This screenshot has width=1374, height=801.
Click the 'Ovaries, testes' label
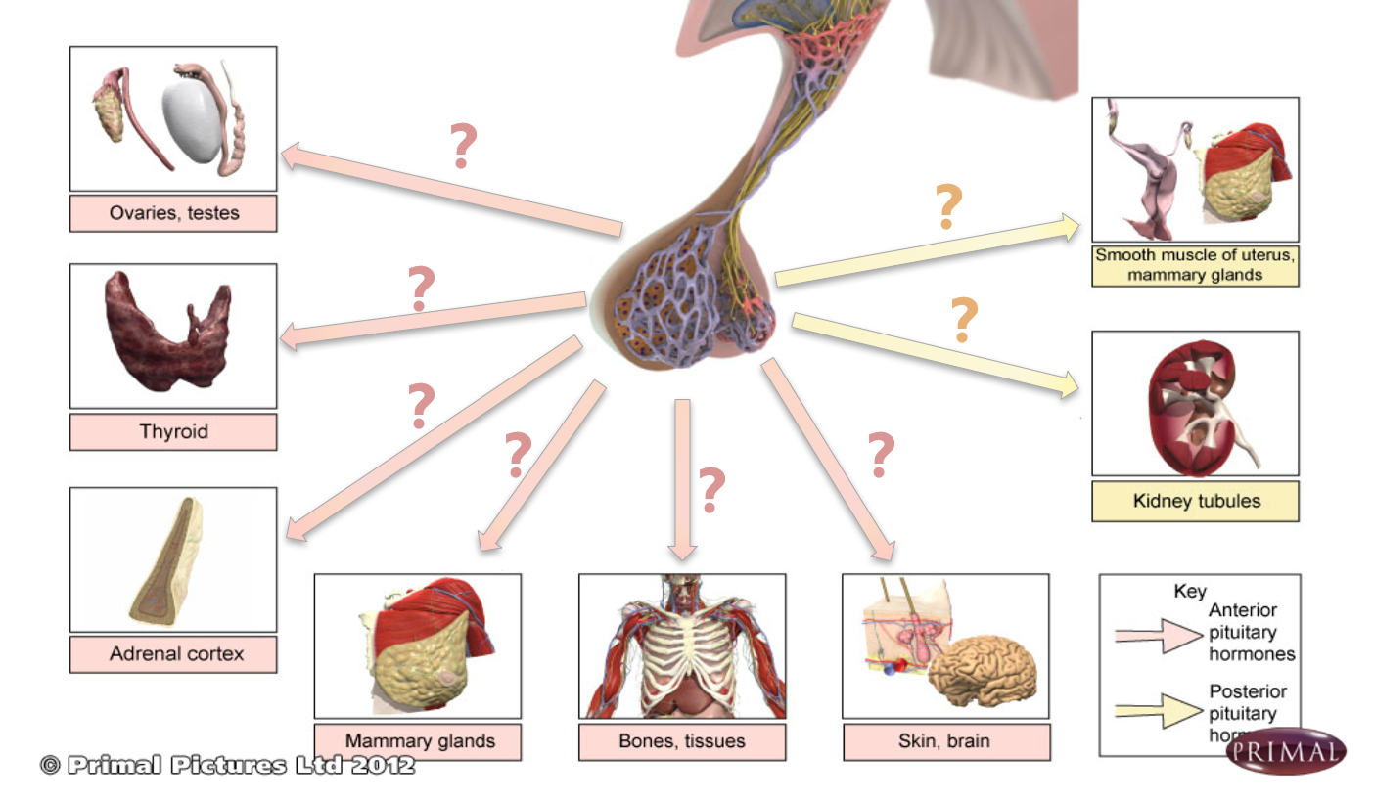pos(173,212)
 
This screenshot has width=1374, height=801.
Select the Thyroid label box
pos(173,431)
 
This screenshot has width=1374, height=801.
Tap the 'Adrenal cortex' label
pos(173,653)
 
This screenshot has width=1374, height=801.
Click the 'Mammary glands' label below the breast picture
pos(418,741)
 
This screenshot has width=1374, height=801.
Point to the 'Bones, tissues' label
pos(682,741)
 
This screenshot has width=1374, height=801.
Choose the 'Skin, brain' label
pos(944,741)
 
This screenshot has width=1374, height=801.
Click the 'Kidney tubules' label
pos(1196,501)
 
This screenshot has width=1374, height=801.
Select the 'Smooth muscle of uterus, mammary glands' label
pos(1195,265)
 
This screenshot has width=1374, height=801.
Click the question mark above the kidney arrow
pos(964,320)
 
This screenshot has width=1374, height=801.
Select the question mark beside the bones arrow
pos(711,491)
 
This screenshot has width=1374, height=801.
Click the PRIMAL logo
pos(1286,751)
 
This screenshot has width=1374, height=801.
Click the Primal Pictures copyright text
pos(227,765)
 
